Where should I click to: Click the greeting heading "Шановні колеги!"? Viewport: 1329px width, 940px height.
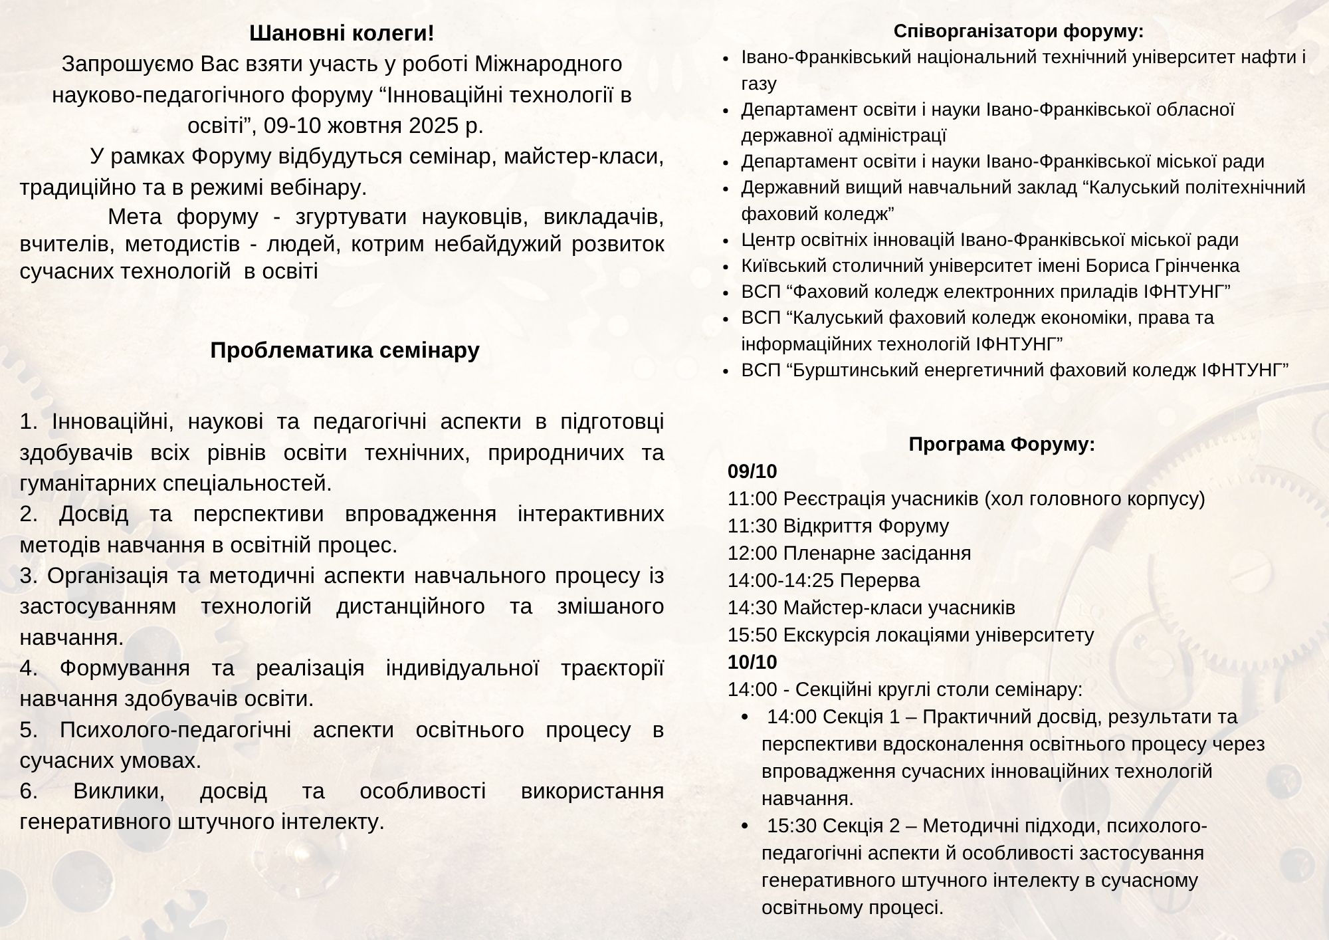(342, 33)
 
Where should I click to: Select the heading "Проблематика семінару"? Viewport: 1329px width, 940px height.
(344, 350)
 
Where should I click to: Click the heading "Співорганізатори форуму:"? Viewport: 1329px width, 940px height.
(1018, 31)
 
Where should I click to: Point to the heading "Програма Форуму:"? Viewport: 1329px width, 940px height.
(1001, 444)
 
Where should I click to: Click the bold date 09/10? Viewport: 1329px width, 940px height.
(752, 471)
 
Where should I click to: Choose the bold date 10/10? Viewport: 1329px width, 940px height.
(752, 662)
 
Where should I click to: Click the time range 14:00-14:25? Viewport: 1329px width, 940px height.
(781, 580)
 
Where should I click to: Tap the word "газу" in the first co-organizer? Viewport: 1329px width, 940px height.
(759, 84)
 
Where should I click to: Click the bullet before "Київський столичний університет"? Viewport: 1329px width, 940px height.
(727, 267)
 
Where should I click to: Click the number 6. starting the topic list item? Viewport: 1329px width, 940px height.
(29, 791)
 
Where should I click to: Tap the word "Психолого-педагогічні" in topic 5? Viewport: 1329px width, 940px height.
(175, 730)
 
